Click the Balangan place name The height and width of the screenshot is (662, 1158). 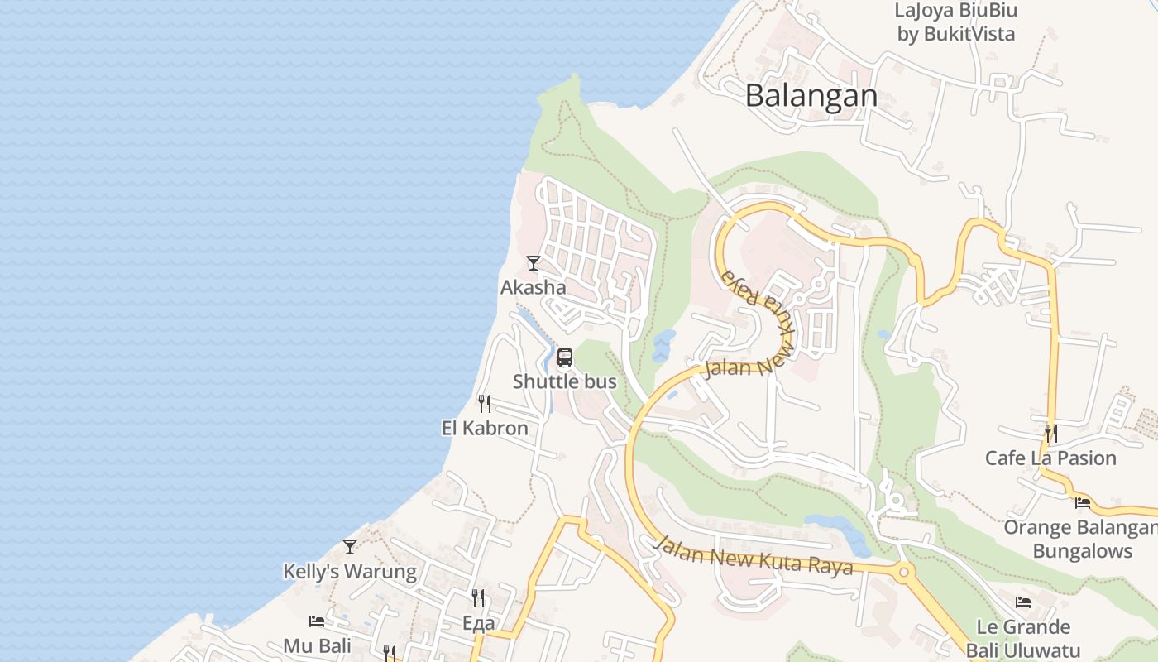[811, 95]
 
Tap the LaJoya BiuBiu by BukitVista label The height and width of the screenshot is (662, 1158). [955, 22]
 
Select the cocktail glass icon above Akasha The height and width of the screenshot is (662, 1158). [534, 263]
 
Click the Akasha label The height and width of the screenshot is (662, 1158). [534, 287]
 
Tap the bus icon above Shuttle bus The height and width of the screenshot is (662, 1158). [565, 357]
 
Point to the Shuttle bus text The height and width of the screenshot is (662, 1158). [565, 381]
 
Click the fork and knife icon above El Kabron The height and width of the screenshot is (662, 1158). [485, 404]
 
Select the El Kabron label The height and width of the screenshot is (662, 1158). [485, 428]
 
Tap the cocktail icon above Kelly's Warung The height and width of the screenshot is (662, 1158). [350, 547]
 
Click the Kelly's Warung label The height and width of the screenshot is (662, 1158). [350, 572]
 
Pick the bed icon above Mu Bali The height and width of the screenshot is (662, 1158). [317, 621]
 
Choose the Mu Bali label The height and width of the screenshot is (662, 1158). [317, 645]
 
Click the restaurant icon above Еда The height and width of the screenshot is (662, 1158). [478, 597]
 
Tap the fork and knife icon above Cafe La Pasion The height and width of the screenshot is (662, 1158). [1050, 433]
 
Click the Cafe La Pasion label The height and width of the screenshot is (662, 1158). [1050, 458]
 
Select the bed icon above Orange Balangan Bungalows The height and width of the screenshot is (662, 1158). [1082, 502]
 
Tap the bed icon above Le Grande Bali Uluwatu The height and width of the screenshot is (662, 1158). [1023, 602]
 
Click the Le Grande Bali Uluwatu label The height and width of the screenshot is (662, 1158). [1023, 637]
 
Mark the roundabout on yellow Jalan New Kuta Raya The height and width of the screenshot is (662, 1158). [904, 571]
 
